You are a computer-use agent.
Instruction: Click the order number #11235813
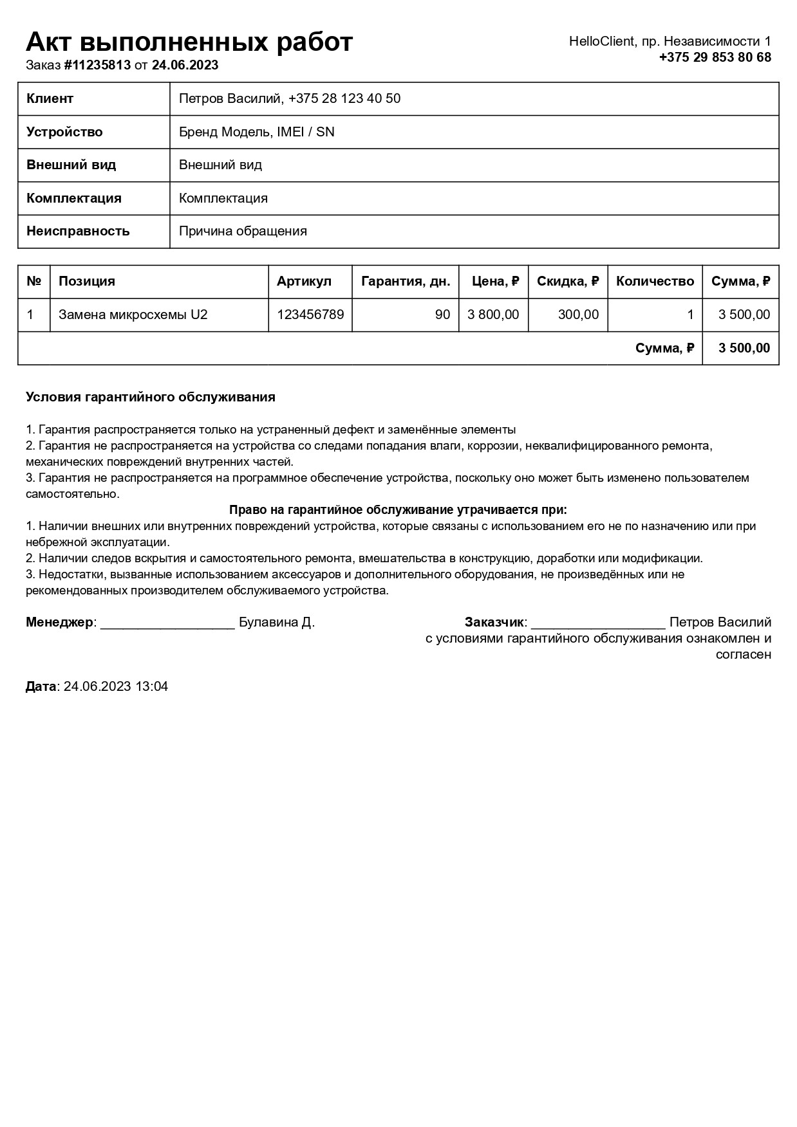pyautogui.click(x=97, y=65)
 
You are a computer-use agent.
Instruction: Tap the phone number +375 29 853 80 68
pyautogui.click(x=715, y=57)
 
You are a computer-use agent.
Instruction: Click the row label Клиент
pyautogui.click(x=50, y=98)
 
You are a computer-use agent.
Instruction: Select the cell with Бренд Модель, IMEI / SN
pyautogui.click(x=256, y=132)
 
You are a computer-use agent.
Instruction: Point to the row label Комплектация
pyautogui.click(x=73, y=198)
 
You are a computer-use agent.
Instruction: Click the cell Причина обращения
pyautogui.click(x=243, y=231)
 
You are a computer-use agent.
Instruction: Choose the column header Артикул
pyautogui.click(x=304, y=281)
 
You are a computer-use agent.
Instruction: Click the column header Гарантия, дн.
pyautogui.click(x=405, y=281)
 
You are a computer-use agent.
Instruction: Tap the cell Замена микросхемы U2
pyautogui.click(x=133, y=315)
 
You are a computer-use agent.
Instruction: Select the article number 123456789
pyautogui.click(x=310, y=315)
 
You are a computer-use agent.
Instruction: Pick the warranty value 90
pyautogui.click(x=442, y=315)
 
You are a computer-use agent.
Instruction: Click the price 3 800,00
pyautogui.click(x=493, y=315)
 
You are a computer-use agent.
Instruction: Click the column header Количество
pyautogui.click(x=655, y=281)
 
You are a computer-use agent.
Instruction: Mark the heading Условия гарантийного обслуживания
pyautogui.click(x=150, y=397)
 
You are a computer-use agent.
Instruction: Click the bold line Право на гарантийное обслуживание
pyautogui.click(x=398, y=510)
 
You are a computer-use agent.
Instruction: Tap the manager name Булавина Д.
pyautogui.click(x=277, y=622)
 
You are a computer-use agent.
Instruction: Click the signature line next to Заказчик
pyautogui.click(x=598, y=624)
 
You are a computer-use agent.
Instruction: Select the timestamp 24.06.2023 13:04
pyautogui.click(x=116, y=686)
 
